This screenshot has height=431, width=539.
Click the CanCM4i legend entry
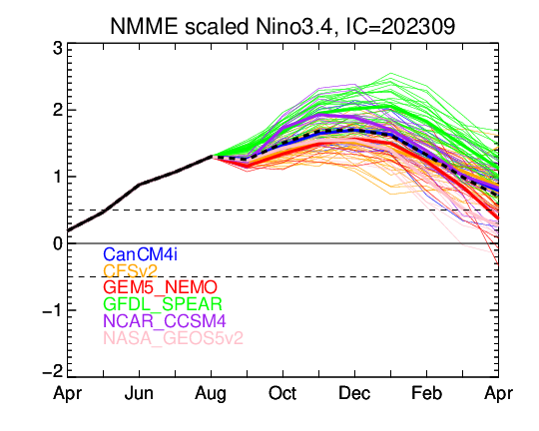[141, 254]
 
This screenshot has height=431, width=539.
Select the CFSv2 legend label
[131, 271]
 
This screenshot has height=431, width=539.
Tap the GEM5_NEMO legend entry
[160, 287]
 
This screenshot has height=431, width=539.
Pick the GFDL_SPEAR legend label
[163, 304]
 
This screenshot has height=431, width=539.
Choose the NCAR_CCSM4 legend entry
[165, 321]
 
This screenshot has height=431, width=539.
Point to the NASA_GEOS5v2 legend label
[173, 338]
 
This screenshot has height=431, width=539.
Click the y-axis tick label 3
[58, 49]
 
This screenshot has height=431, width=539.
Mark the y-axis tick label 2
[58, 111]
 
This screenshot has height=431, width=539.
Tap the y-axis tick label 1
[58, 177]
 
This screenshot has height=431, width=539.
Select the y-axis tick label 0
[58, 243]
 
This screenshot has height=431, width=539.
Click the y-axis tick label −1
[53, 310]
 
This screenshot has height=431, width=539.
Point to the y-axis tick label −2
[53, 372]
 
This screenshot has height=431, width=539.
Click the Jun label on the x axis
[139, 393]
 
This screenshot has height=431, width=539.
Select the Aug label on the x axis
[211, 394]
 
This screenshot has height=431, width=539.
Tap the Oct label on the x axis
[282, 393]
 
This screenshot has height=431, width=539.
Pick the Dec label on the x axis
[354, 393]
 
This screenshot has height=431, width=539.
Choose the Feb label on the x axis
[426, 393]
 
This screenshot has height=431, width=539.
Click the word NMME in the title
[144, 26]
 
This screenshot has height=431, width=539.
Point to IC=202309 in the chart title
[400, 26]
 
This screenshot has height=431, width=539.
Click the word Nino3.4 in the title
[294, 27]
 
